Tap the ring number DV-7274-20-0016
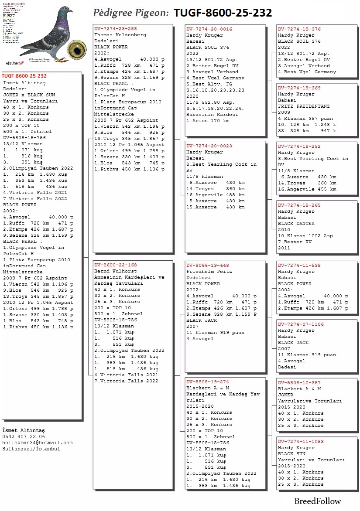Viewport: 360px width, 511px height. coord(209,29)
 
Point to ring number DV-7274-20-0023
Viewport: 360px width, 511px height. coord(209,146)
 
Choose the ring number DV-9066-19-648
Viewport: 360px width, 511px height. coord(207,265)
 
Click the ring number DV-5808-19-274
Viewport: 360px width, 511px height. coord(207,382)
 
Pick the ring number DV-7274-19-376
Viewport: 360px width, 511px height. coord(299,29)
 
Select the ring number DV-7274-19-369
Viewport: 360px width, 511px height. coord(299,88)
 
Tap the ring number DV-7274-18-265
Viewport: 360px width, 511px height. coord(299,205)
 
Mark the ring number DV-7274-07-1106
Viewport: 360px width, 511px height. coord(301,324)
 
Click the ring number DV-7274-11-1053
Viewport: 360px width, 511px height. coord(301,442)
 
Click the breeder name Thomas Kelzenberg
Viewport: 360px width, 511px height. coord(120,35)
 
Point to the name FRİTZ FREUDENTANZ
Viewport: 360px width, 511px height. coord(304,106)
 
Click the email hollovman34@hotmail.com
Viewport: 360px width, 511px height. coord(37,443)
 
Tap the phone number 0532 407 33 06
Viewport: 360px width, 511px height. coord(24,436)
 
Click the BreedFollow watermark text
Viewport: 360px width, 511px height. coord(317,501)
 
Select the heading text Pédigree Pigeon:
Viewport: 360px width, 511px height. coord(131,13)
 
